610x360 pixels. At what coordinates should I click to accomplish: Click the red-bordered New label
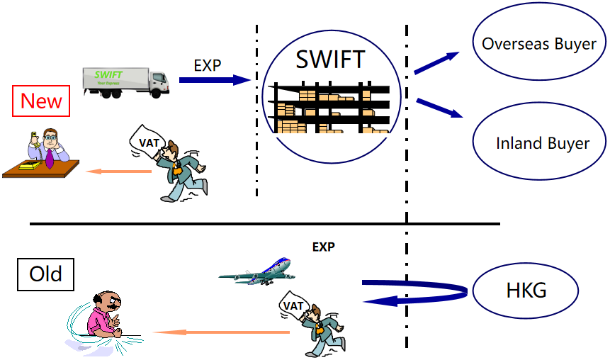click(x=41, y=101)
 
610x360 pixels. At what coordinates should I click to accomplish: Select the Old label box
click(x=45, y=274)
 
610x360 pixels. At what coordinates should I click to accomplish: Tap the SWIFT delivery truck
click(x=125, y=81)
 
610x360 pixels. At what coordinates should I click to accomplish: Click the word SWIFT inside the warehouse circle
click(x=330, y=60)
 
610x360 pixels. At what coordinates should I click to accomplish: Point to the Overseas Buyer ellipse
click(x=538, y=44)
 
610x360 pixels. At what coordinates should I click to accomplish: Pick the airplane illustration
click(x=257, y=271)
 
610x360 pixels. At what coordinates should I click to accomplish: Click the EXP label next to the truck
click(x=208, y=65)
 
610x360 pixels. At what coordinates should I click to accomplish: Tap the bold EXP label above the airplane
click(x=323, y=247)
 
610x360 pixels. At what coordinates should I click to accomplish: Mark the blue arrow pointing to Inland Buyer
click(x=440, y=108)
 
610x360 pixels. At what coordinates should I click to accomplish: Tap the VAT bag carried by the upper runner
click(x=147, y=142)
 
